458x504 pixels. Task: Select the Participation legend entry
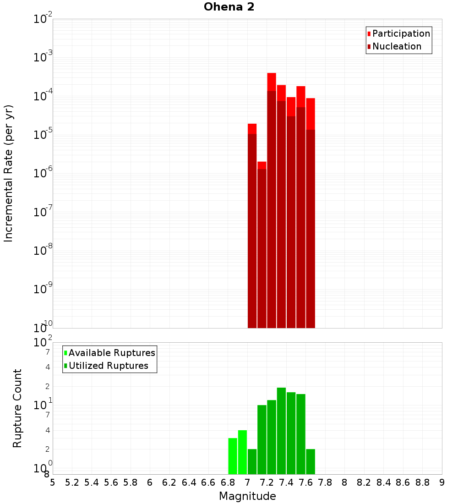click(x=401, y=33)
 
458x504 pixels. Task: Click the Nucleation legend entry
click(x=396, y=46)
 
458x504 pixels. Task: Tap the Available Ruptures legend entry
click(x=111, y=353)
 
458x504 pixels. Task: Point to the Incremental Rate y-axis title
click(x=9, y=173)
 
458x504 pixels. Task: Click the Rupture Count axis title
click(x=17, y=408)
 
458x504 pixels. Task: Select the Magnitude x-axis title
click(x=247, y=496)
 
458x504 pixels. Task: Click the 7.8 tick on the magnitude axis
click(x=325, y=482)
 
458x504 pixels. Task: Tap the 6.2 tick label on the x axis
click(x=169, y=482)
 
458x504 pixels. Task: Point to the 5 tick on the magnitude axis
click(x=53, y=482)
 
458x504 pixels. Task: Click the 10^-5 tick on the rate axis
click(x=42, y=135)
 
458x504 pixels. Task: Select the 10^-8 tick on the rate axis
click(x=42, y=251)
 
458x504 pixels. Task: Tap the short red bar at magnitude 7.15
click(x=262, y=247)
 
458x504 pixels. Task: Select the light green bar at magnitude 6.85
click(x=233, y=456)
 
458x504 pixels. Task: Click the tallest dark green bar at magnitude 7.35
click(x=281, y=431)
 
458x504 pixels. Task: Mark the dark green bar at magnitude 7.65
click(x=311, y=462)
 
